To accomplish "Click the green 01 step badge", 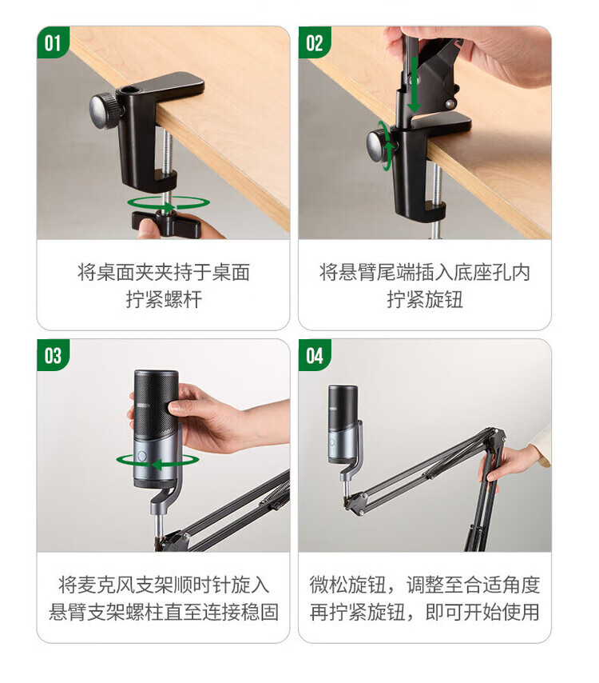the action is click(x=52, y=42).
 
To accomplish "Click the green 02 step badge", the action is click(x=314, y=42).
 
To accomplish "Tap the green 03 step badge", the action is click(x=53, y=355).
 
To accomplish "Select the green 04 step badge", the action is click(x=314, y=355).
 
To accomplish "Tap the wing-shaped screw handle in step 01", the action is click(x=167, y=223).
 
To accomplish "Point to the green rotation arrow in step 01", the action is click(x=169, y=203).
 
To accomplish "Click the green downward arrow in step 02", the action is click(x=414, y=85).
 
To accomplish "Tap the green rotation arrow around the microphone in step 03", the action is click(x=157, y=461).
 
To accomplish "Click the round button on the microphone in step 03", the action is click(x=141, y=456).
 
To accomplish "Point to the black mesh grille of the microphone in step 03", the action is click(x=155, y=405).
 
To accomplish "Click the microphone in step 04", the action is click(x=343, y=423).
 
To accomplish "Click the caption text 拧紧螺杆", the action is click(x=164, y=300).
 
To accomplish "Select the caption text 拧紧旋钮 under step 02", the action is click(x=425, y=300).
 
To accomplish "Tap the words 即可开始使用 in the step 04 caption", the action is click(x=482, y=612).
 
